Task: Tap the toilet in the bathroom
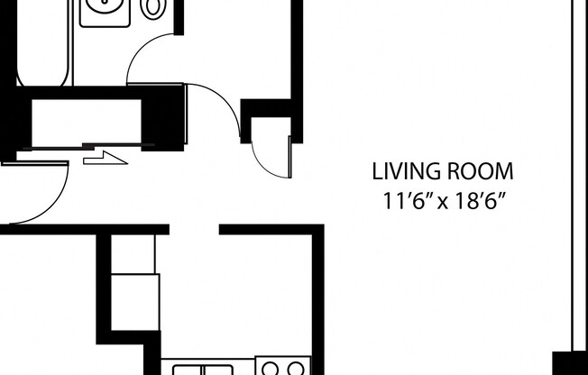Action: coord(154,8)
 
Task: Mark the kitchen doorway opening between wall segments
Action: coord(194,229)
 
